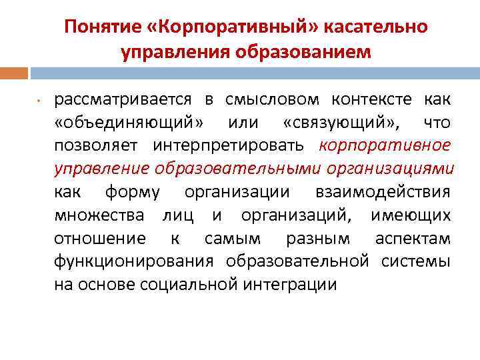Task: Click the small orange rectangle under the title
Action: coord(14,73)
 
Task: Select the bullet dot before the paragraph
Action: coord(39,101)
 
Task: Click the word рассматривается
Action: coord(123,100)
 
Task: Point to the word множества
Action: coord(99,215)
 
